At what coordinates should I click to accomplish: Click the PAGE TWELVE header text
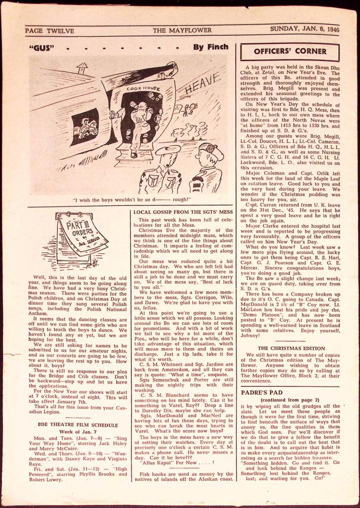coord(50,31)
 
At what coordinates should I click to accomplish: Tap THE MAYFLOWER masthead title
coord(182,30)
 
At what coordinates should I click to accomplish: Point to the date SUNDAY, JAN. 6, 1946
coord(304,29)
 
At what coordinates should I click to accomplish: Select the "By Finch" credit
coord(211,47)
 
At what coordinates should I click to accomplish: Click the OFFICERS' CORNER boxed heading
coord(290,51)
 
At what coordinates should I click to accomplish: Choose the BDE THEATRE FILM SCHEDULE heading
coord(75,425)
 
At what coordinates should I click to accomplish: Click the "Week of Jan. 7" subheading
coord(75,432)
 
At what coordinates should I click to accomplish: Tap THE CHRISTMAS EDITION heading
coord(289,348)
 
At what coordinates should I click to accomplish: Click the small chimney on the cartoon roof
coord(82,67)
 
